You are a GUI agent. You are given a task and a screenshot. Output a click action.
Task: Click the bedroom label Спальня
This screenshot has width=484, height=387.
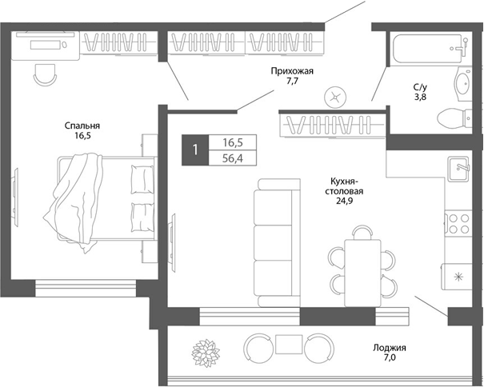(x=82, y=126)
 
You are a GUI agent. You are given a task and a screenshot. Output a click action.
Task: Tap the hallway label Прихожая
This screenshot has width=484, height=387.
(x=291, y=71)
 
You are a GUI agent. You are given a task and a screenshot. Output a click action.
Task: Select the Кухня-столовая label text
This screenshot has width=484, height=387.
(x=345, y=187)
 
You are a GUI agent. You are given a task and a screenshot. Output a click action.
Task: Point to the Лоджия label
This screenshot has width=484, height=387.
(x=390, y=348)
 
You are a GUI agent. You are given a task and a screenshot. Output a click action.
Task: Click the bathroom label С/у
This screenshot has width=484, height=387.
(x=420, y=88)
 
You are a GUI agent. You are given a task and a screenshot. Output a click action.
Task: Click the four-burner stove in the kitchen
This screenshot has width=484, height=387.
(x=459, y=221)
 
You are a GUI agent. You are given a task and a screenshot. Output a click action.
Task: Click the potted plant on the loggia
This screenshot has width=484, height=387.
(x=205, y=350)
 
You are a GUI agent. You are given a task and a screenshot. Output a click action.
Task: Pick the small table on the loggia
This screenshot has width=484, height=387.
(x=290, y=345)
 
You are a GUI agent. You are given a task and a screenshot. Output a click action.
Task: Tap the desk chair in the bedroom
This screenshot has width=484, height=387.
(x=45, y=74)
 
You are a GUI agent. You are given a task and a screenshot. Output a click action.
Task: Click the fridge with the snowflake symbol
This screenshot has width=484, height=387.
(x=458, y=277)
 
